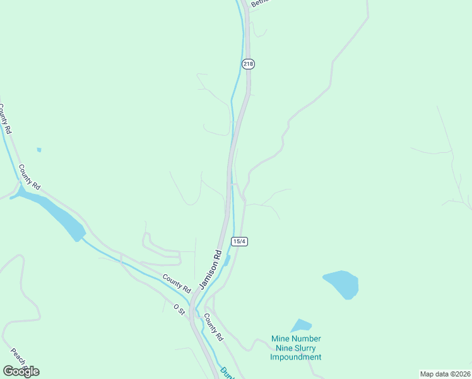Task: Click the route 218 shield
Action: pyautogui.click(x=248, y=64)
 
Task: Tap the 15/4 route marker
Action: pyautogui.click(x=239, y=241)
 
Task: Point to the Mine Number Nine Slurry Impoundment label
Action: pyautogui.click(x=296, y=348)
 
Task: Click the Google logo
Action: pyautogui.click(x=21, y=371)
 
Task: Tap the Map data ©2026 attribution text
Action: pyautogui.click(x=445, y=374)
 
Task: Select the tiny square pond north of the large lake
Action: pyautogui.click(x=39, y=150)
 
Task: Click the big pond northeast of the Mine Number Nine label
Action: pyautogui.click(x=341, y=284)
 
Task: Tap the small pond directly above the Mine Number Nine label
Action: pyautogui.click(x=301, y=326)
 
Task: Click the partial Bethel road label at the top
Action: pyautogui.click(x=259, y=3)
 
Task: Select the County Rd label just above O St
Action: pyautogui.click(x=176, y=282)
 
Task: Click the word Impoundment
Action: pyautogui.click(x=296, y=357)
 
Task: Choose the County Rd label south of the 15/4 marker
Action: pyautogui.click(x=213, y=329)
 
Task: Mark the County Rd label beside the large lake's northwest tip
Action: pyautogui.click(x=30, y=177)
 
